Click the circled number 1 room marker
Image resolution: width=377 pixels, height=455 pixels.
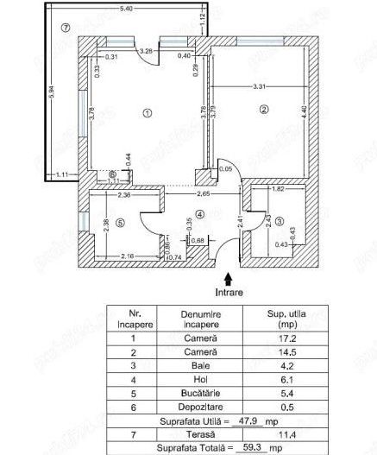(x=148, y=112)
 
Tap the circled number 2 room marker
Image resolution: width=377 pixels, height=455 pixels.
(x=264, y=109)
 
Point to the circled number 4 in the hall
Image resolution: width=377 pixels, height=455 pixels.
(x=199, y=214)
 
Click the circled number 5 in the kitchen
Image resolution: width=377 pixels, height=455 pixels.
(x=120, y=222)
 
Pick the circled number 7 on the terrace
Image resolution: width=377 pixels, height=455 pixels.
(x=66, y=27)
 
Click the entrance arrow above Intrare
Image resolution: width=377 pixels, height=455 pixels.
(x=228, y=278)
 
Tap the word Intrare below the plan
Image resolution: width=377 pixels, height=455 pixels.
(x=228, y=292)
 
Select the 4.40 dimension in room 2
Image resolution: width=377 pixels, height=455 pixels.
(x=303, y=111)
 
